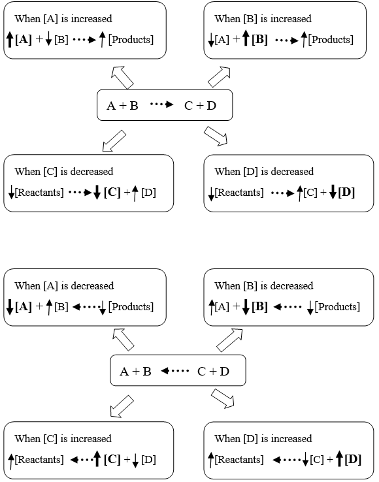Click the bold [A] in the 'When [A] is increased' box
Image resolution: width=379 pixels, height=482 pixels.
tap(24, 40)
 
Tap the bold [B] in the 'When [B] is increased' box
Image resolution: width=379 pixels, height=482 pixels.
tap(259, 40)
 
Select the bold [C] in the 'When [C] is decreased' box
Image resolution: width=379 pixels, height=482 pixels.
tap(112, 193)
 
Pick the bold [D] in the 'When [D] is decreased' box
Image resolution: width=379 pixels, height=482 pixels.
tap(346, 193)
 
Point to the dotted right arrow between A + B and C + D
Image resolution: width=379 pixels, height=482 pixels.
tap(162, 104)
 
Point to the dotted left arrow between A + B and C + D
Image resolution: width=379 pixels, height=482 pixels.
tap(174, 371)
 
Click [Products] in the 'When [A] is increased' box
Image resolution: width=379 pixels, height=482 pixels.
tap(131, 40)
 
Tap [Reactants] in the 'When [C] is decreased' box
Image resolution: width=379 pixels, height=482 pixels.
tap(39, 193)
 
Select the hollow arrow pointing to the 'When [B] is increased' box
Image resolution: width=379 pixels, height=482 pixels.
tap(220, 77)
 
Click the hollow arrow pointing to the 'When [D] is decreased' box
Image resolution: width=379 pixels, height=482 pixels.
tap(216, 136)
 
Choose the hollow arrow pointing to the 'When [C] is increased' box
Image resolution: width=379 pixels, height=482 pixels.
tap(122, 406)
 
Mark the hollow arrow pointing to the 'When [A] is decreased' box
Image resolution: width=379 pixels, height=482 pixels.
tap(123, 340)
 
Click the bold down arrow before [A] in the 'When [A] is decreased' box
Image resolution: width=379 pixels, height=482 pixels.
tap(10, 307)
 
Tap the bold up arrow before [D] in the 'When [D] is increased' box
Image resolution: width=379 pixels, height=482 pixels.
tap(340, 458)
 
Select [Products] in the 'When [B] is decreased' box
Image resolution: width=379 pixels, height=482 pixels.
tap(337, 307)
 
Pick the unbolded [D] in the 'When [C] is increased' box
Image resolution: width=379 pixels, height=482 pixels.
tap(148, 460)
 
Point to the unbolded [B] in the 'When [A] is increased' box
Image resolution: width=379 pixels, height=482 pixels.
tap(61, 40)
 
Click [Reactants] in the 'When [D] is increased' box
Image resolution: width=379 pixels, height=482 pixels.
tap(239, 460)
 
